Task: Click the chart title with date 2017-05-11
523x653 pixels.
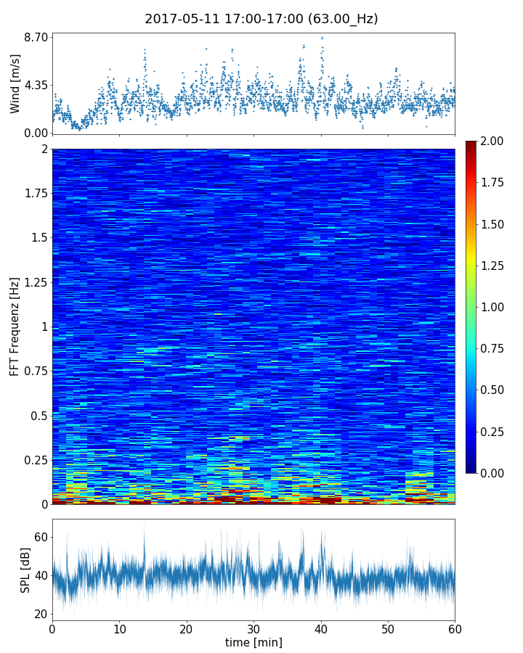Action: pyautogui.click(x=261, y=19)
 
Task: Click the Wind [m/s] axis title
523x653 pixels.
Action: pyautogui.click(x=15, y=83)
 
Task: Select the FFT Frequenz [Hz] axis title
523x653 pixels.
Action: pyautogui.click(x=15, y=326)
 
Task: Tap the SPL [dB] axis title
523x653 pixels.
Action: pyautogui.click(x=25, y=570)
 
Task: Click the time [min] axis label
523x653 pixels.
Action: pyautogui.click(x=254, y=642)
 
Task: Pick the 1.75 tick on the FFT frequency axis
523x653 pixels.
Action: pyautogui.click(x=35, y=194)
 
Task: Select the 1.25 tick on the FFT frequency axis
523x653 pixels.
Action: pyautogui.click(x=35, y=282)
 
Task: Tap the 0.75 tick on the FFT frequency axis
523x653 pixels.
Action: pyautogui.click(x=35, y=371)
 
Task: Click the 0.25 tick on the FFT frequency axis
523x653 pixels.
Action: pyautogui.click(x=35, y=460)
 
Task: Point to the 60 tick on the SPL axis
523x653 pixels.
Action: pyautogui.click(x=41, y=538)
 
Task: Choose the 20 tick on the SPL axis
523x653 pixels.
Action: pyautogui.click(x=41, y=615)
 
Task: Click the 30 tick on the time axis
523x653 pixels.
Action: pyautogui.click(x=254, y=628)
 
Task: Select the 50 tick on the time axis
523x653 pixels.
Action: pyautogui.click(x=388, y=628)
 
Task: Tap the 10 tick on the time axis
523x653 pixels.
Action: pyautogui.click(x=119, y=628)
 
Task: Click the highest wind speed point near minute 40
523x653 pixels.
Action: pyautogui.click(x=322, y=38)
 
